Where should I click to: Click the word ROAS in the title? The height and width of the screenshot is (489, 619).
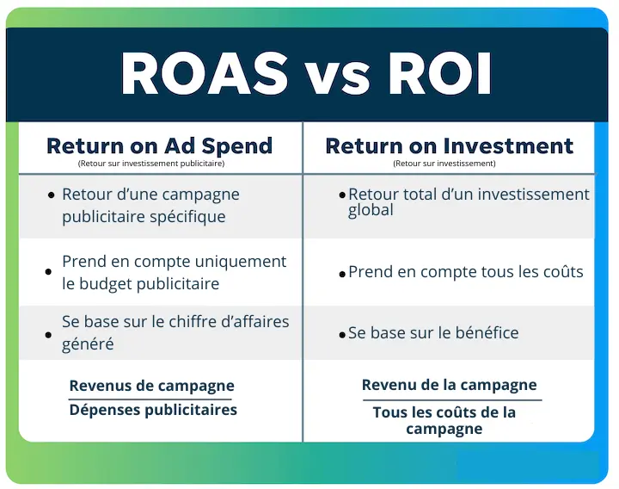pyautogui.click(x=204, y=74)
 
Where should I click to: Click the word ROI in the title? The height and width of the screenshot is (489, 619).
pyautogui.click(x=440, y=74)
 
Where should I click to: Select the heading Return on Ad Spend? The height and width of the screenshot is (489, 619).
pyautogui.click(x=159, y=145)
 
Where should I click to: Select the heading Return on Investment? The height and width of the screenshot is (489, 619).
pyautogui.click(x=449, y=145)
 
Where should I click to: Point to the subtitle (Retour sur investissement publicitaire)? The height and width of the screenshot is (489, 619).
pyautogui.click(x=150, y=163)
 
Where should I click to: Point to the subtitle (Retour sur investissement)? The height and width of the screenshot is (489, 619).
pyautogui.click(x=444, y=163)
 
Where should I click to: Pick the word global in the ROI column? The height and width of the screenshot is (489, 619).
pyautogui.click(x=371, y=210)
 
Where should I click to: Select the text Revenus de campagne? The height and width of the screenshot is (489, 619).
pyautogui.click(x=151, y=386)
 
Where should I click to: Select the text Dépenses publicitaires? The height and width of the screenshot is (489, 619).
pyautogui.click(x=153, y=410)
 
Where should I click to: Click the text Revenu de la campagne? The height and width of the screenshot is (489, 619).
pyautogui.click(x=449, y=385)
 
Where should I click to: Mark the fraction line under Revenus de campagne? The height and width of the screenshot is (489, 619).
pyautogui.click(x=151, y=398)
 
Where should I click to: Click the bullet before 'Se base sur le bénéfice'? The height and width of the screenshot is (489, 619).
pyautogui.click(x=342, y=334)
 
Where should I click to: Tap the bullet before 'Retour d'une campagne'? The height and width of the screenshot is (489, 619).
pyautogui.click(x=52, y=195)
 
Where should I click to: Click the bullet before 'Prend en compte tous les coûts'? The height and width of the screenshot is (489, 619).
pyautogui.click(x=342, y=274)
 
